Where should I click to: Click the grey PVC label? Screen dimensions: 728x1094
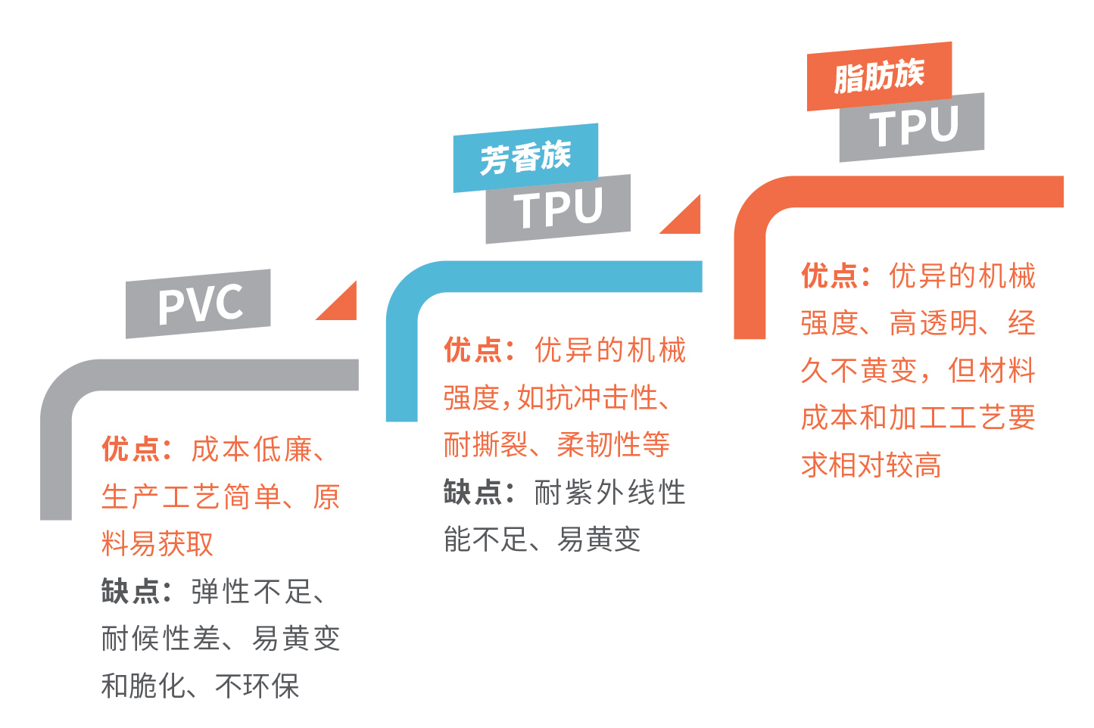click(x=198, y=303)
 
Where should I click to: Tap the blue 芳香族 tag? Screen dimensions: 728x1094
click(x=525, y=157)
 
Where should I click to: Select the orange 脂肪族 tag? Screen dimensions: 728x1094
click(x=879, y=76)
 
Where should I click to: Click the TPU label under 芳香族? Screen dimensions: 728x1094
click(x=558, y=209)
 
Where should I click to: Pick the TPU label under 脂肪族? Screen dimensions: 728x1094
click(x=912, y=127)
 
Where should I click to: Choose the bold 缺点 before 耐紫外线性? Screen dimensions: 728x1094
click(x=474, y=493)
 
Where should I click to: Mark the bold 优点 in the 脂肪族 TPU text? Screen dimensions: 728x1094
click(x=831, y=276)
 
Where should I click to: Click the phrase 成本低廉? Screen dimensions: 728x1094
click(x=251, y=450)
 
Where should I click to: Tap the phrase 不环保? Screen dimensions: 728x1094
click(x=257, y=686)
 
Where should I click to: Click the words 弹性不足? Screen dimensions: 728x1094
click(x=251, y=591)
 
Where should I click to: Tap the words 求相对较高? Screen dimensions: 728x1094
click(x=871, y=465)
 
